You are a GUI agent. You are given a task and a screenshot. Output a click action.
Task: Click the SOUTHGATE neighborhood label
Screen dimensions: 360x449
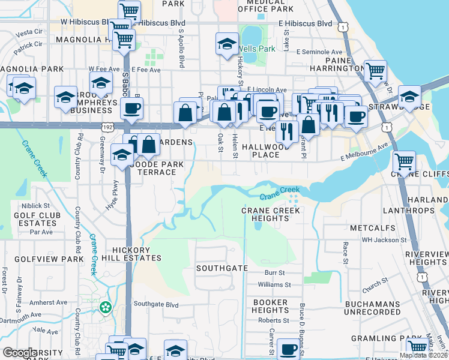pyautogui.click(x=221, y=268)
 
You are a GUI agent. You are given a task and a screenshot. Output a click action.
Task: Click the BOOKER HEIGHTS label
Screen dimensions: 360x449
pyautogui.click(x=270, y=306)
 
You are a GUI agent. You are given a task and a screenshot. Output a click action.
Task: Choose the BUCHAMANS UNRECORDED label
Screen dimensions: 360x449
pyautogui.click(x=372, y=308)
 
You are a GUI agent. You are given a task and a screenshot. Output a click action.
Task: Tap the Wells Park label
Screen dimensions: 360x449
pyautogui.click(x=256, y=48)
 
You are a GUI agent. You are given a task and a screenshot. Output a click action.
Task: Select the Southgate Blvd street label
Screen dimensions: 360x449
pyautogui.click(x=156, y=305)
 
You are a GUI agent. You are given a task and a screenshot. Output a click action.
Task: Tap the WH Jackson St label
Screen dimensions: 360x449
pyautogui.click(x=384, y=240)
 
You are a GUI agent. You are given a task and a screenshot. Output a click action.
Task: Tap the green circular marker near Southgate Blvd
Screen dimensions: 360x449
pyautogui.click(x=106, y=307)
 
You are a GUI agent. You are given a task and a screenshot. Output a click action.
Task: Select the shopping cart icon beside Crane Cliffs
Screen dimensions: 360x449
pyautogui.click(x=404, y=161)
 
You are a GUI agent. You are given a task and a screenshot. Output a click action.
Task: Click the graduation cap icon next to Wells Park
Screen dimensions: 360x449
pyautogui.click(x=226, y=44)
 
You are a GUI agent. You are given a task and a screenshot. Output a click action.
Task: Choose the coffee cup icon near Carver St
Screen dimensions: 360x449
pyautogui.click(x=288, y=349)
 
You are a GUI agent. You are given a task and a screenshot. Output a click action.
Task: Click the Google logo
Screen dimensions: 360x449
pyautogui.click(x=20, y=353)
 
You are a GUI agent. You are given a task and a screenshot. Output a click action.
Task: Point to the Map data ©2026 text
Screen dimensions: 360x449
pyautogui.click(x=423, y=355)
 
